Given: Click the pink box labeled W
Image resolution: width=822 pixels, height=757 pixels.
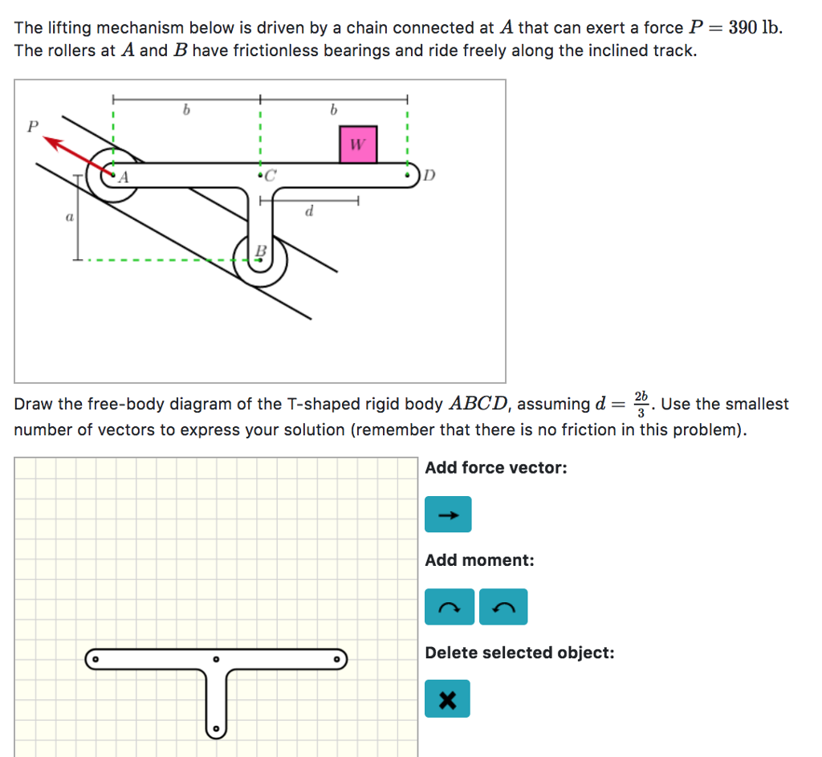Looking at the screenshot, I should tap(358, 144).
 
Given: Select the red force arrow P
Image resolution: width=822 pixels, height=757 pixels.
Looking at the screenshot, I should tap(76, 156).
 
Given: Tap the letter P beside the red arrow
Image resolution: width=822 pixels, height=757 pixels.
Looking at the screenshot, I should tap(32, 126).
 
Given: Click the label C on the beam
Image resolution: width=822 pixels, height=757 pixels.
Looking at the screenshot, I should tap(270, 174).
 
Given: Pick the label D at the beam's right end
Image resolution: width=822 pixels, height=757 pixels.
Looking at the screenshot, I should tap(429, 175).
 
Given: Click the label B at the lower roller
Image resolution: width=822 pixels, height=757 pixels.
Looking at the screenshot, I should tap(259, 252).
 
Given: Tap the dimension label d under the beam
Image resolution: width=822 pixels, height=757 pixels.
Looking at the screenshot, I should tap(309, 212).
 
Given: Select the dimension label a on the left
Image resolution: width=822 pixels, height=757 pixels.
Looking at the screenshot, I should tap(69, 217).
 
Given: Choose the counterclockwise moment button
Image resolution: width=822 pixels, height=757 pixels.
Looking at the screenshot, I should tap(503, 607).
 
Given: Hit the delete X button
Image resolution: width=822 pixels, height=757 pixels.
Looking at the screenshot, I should tap(447, 698).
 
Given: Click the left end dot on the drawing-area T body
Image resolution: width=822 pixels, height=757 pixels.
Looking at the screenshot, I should tap(94, 659).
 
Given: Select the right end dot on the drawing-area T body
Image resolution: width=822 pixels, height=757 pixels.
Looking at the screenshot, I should tap(338, 659).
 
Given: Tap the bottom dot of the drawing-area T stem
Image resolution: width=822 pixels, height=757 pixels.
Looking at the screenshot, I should tap(215, 730).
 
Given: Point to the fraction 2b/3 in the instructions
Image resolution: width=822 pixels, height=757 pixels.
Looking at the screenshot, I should tap(640, 404).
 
